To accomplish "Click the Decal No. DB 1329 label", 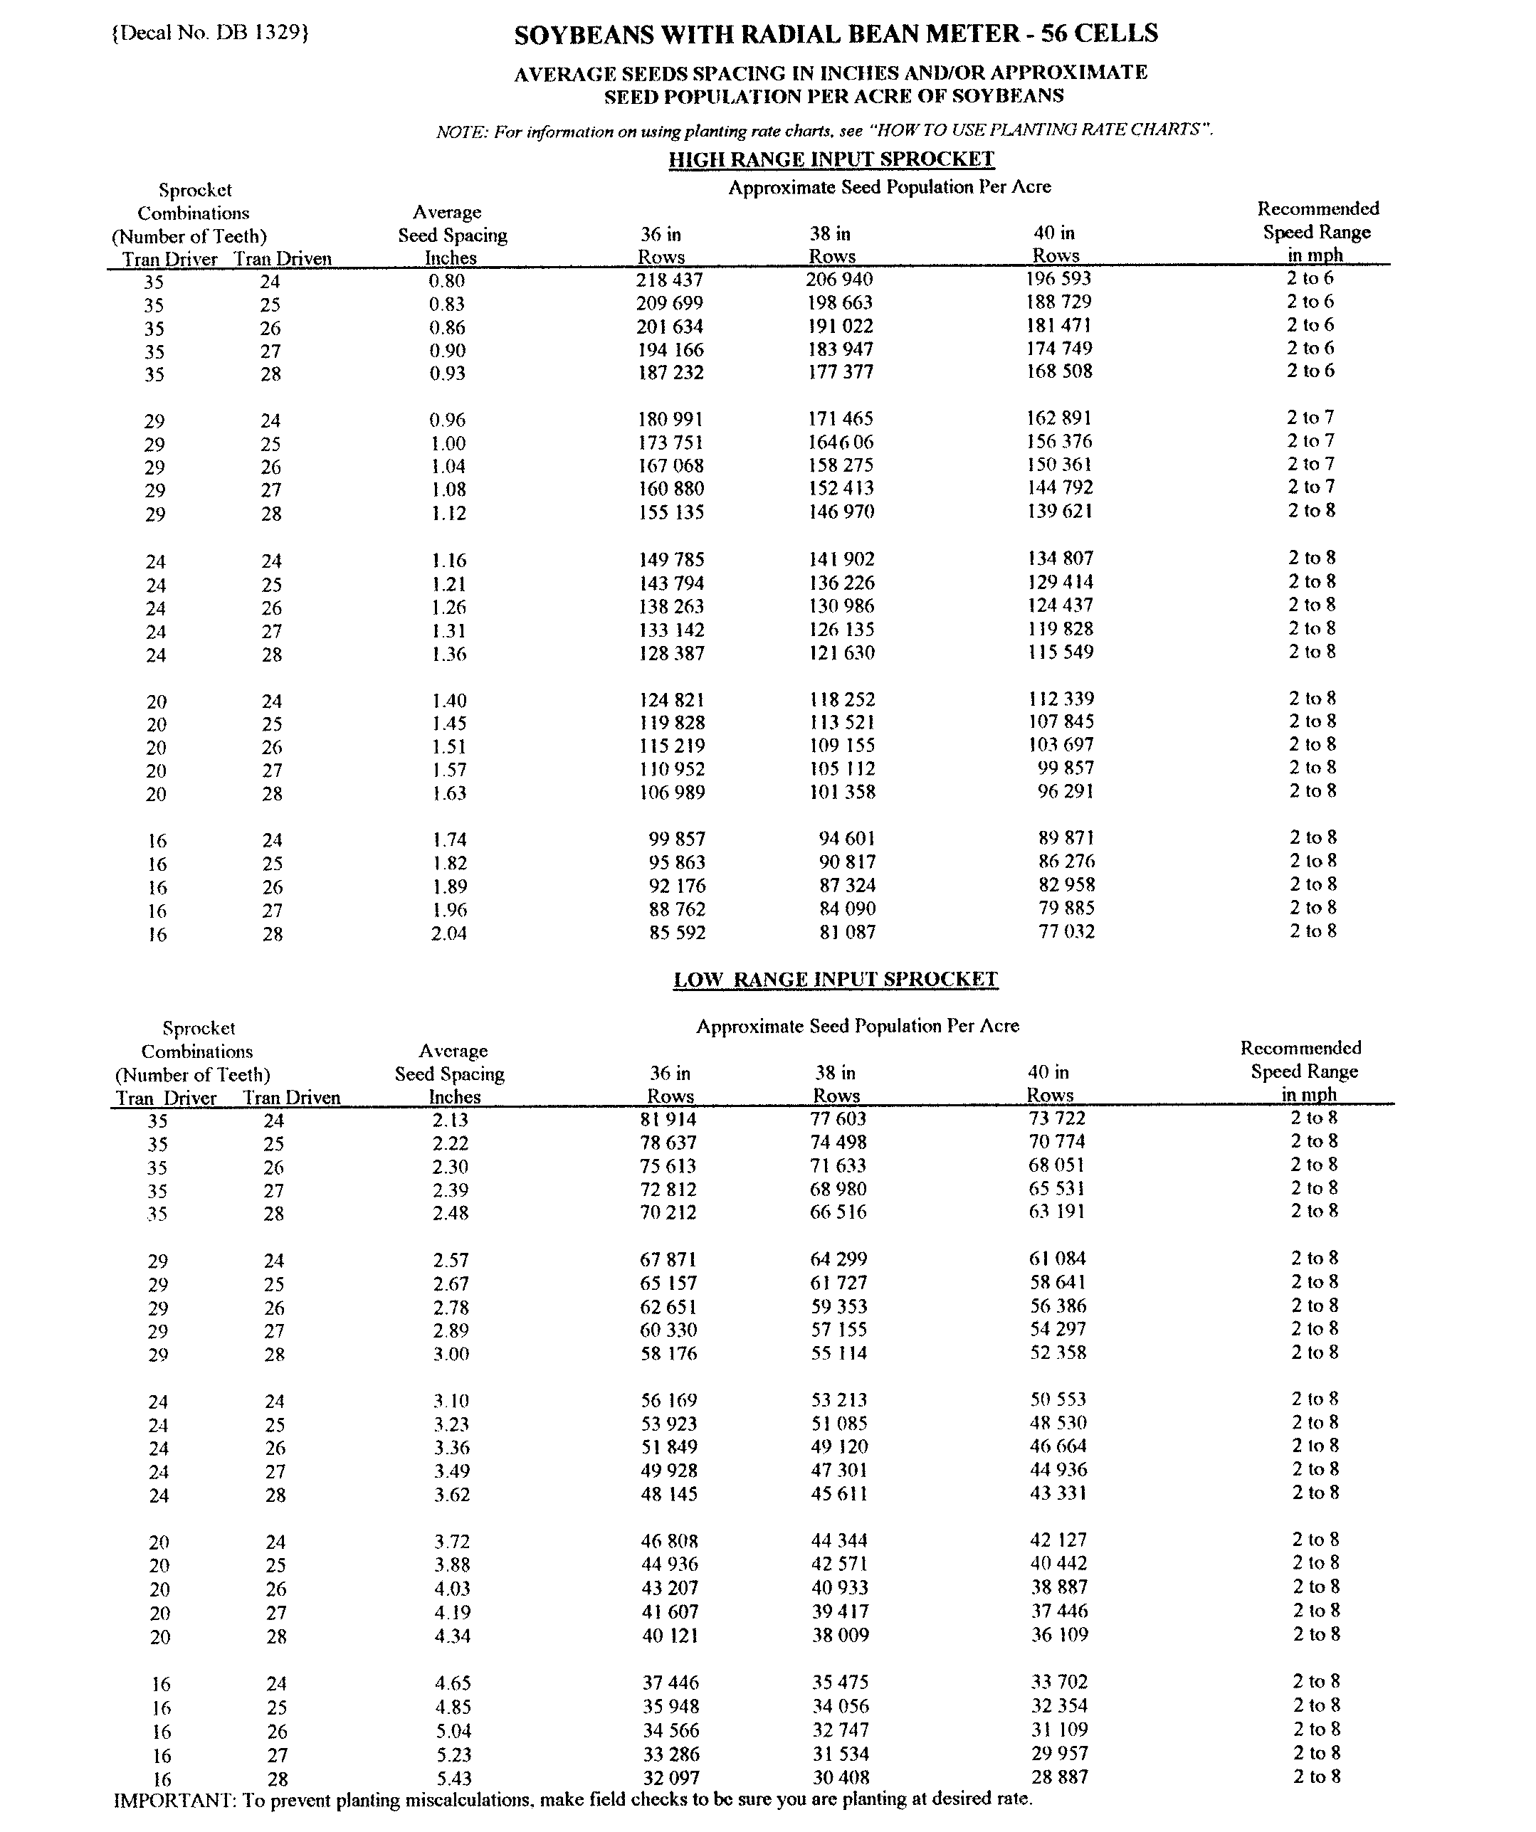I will (210, 32).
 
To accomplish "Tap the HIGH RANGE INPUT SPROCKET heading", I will (831, 159).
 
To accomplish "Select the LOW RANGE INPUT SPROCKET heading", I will (835, 979).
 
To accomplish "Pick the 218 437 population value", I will (669, 280).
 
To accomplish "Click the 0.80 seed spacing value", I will (447, 281).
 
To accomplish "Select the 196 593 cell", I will (1058, 278).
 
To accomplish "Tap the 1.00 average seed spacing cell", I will (448, 443).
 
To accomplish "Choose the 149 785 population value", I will (670, 559).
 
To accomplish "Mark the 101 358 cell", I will (841, 792).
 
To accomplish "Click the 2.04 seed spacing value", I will (448, 933).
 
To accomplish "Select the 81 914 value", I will (668, 1119).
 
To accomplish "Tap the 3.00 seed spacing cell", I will (451, 1354).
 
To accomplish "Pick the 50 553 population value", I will (1058, 1399).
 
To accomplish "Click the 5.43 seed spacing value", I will (452, 1778).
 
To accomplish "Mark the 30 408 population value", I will (841, 1777).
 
